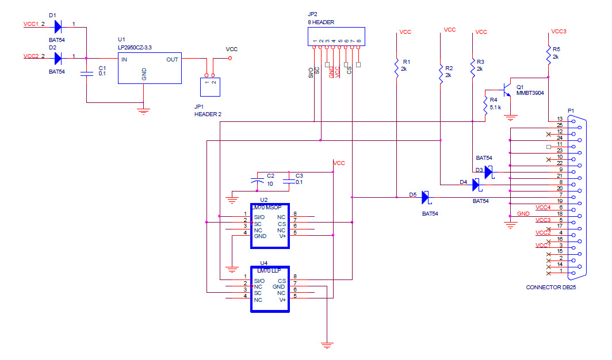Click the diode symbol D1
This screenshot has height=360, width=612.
click(x=58, y=27)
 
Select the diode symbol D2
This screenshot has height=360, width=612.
click(x=58, y=59)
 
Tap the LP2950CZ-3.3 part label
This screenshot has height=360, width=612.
click(x=135, y=48)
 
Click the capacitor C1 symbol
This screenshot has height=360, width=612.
click(x=87, y=74)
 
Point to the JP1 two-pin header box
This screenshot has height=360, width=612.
click(x=210, y=87)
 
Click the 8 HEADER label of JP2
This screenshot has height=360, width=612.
click(x=321, y=22)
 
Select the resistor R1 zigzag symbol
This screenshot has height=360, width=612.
click(x=396, y=68)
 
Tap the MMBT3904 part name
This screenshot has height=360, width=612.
click(x=530, y=93)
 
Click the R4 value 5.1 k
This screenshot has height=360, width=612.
click(x=495, y=108)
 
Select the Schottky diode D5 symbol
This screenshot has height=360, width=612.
click(x=426, y=197)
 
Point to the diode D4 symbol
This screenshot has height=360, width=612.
click(x=477, y=185)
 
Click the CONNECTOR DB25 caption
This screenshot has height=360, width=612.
click(x=550, y=288)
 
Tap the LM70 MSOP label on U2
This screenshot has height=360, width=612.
click(x=266, y=208)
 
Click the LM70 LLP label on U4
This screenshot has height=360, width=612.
click(x=269, y=271)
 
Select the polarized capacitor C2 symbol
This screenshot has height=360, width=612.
click(x=257, y=181)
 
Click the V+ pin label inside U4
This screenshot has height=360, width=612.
click(x=282, y=300)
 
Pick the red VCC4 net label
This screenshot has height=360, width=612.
click(x=543, y=208)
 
